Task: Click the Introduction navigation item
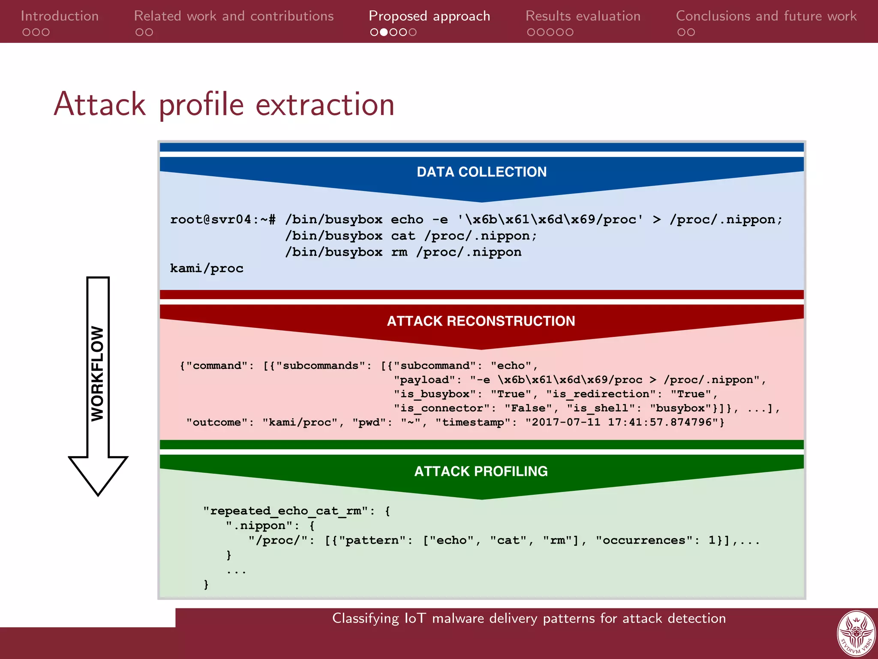pos(60,16)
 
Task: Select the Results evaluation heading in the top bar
pos(583,16)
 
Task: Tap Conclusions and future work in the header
pos(766,16)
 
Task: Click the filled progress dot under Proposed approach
pos(384,32)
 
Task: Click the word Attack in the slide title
pos(99,104)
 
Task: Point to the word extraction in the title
pos(325,105)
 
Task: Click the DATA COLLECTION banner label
pos(481,172)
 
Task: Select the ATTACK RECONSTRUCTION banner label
pos(481,321)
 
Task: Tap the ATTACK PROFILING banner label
pos(481,471)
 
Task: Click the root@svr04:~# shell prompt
pos(223,220)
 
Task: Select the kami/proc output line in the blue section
pos(207,269)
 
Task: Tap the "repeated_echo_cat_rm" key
pos(286,511)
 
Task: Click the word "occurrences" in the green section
pos(643,540)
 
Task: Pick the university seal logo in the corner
pos(856,634)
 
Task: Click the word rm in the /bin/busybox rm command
pos(399,252)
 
